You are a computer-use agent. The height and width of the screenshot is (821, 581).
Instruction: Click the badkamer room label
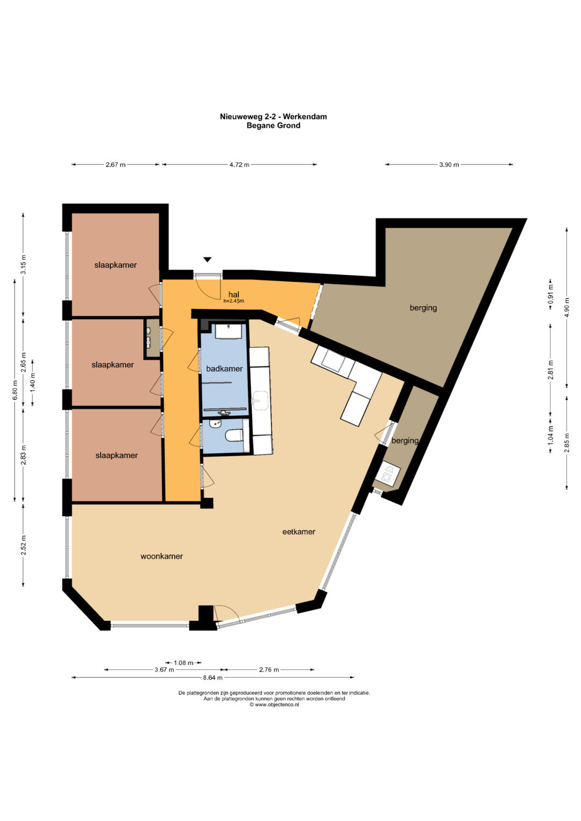tap(224, 369)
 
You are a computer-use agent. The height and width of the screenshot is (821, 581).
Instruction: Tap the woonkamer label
tap(162, 556)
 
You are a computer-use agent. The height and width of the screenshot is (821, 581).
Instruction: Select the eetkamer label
tap(299, 531)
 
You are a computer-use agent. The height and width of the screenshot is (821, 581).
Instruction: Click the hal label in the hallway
tap(233, 294)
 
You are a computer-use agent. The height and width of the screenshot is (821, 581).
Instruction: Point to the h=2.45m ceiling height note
tap(233, 301)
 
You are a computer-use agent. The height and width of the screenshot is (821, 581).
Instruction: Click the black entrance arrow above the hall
tap(207, 260)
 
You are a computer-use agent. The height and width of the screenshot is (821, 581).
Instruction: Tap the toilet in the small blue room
tap(235, 436)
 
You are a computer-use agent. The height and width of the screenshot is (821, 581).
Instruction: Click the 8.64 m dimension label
tap(212, 677)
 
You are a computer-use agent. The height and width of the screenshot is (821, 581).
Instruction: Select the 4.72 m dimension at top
tap(239, 165)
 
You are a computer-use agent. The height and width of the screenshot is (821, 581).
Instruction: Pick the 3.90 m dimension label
tap(449, 165)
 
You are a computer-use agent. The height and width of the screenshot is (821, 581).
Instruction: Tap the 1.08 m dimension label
tap(183, 663)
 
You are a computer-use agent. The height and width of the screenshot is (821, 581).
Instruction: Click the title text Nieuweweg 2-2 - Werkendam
tap(273, 117)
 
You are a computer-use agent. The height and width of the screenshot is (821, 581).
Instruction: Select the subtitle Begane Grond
tap(273, 125)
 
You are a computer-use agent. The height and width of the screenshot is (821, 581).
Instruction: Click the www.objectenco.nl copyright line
tap(274, 704)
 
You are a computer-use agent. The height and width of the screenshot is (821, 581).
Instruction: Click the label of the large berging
tap(423, 308)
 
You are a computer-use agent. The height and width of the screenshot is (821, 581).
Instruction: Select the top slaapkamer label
tap(116, 265)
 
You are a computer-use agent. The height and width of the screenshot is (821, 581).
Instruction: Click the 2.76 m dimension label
tap(269, 669)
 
